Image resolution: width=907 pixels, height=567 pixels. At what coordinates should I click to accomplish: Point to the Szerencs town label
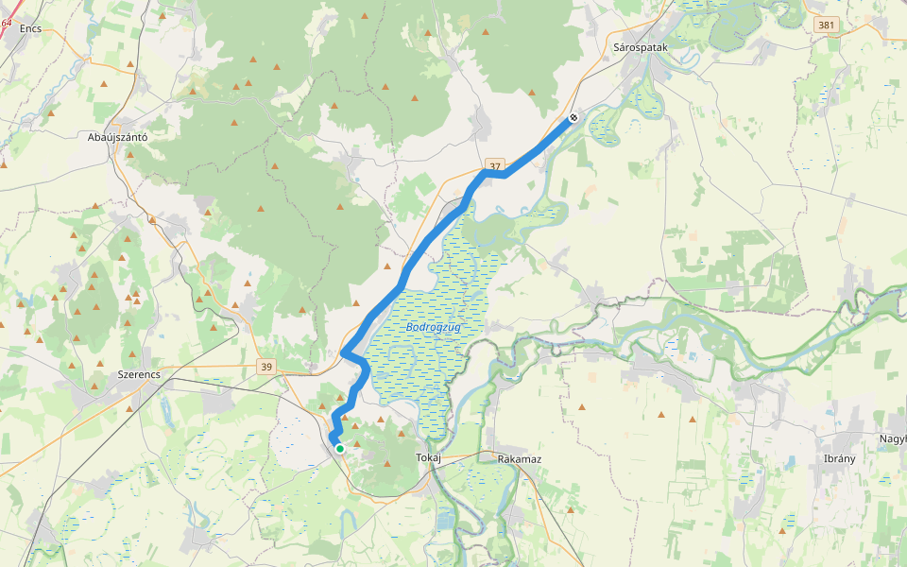[138, 374]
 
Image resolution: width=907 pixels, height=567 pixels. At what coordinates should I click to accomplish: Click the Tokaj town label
[429, 458]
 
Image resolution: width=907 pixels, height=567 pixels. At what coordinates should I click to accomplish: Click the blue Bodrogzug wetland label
[434, 327]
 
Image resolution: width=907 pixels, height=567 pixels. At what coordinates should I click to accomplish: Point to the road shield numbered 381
[827, 26]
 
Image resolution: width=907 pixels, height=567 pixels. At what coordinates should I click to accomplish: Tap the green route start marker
[339, 449]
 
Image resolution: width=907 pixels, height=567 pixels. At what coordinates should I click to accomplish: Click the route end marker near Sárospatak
[573, 118]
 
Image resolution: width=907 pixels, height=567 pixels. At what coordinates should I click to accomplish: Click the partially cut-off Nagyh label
[892, 438]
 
